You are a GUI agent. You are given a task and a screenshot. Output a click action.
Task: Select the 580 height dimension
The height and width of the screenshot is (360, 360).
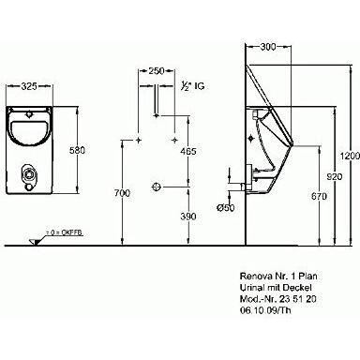pyautogui.click(x=79, y=149)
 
